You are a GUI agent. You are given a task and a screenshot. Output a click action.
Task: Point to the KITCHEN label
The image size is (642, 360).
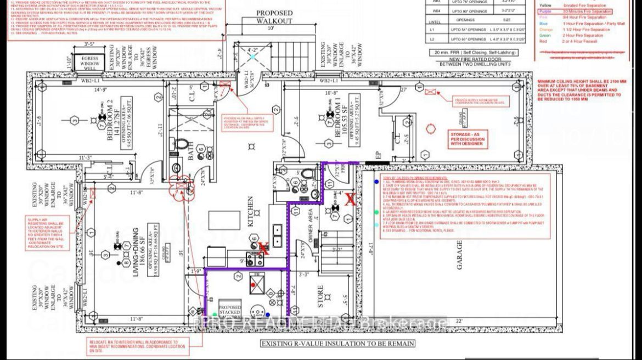(x=251, y=211)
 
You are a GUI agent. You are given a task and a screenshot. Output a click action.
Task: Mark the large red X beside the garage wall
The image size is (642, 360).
(x=349, y=200)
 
